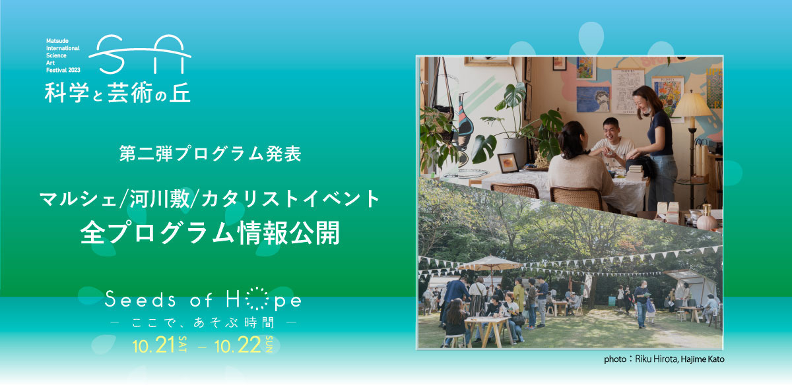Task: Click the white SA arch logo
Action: pyautogui.click(x=140, y=55)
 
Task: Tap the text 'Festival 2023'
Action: pyautogui.click(x=63, y=70)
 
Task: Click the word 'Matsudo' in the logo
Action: pyautogui.click(x=57, y=41)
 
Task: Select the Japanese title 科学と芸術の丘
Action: pyautogui.click(x=117, y=92)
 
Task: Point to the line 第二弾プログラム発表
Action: pyautogui.click(x=211, y=154)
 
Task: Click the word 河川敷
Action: pyautogui.click(x=160, y=198)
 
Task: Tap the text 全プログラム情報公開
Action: pyautogui.click(x=210, y=233)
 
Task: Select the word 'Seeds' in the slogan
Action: pyautogui.click(x=140, y=299)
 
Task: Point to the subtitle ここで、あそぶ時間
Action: pyautogui.click(x=203, y=322)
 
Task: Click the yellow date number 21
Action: pyautogui.click(x=165, y=345)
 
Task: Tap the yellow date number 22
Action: pyautogui.click(x=249, y=345)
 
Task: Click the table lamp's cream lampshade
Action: pyautogui.click(x=691, y=105)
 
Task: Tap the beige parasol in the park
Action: pyautogui.click(x=490, y=263)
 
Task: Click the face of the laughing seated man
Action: pyautogui.click(x=611, y=130)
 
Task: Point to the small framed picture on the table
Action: pyautogui.click(x=508, y=164)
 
